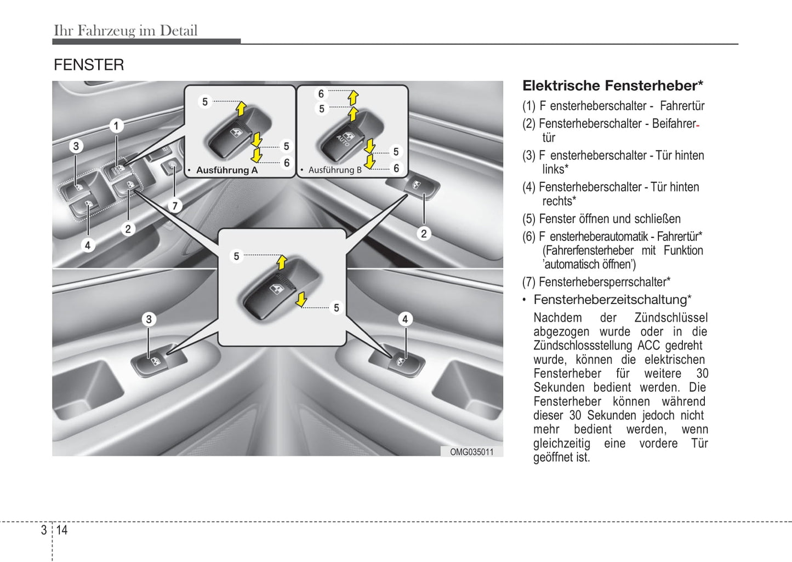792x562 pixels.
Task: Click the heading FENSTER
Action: (x=89, y=65)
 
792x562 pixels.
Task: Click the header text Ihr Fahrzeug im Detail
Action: (x=126, y=31)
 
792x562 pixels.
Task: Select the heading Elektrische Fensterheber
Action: (x=612, y=86)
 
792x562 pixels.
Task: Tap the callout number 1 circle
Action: (x=116, y=126)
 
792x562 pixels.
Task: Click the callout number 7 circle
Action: (x=174, y=206)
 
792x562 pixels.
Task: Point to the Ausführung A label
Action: (x=226, y=170)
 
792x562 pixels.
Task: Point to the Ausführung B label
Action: (x=334, y=170)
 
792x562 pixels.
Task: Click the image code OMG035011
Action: (x=471, y=452)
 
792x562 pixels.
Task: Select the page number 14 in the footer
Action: (x=61, y=530)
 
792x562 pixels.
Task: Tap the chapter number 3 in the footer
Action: (x=44, y=530)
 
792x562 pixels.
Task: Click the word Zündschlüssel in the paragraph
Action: (x=671, y=318)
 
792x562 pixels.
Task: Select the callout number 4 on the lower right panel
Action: (x=404, y=319)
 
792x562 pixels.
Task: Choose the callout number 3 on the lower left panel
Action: (x=149, y=319)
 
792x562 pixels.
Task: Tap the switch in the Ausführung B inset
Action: (x=345, y=137)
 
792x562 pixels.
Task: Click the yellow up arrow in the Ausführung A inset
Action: (x=241, y=108)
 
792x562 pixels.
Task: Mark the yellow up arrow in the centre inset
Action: (x=282, y=262)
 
